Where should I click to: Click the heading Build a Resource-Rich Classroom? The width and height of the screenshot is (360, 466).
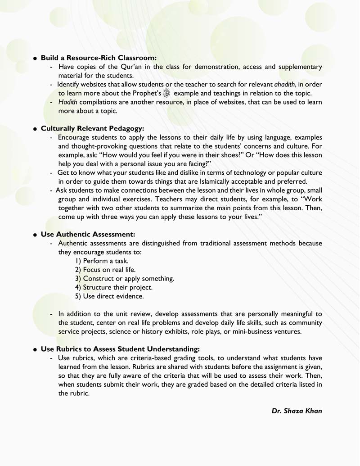[x=99, y=58]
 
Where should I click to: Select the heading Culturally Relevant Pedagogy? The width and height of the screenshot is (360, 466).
[x=92, y=128]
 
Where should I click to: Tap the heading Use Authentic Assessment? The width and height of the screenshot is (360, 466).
[x=88, y=234]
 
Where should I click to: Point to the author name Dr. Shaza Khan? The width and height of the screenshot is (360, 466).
[x=297, y=411]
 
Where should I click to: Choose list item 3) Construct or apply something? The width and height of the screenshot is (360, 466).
[x=125, y=278]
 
